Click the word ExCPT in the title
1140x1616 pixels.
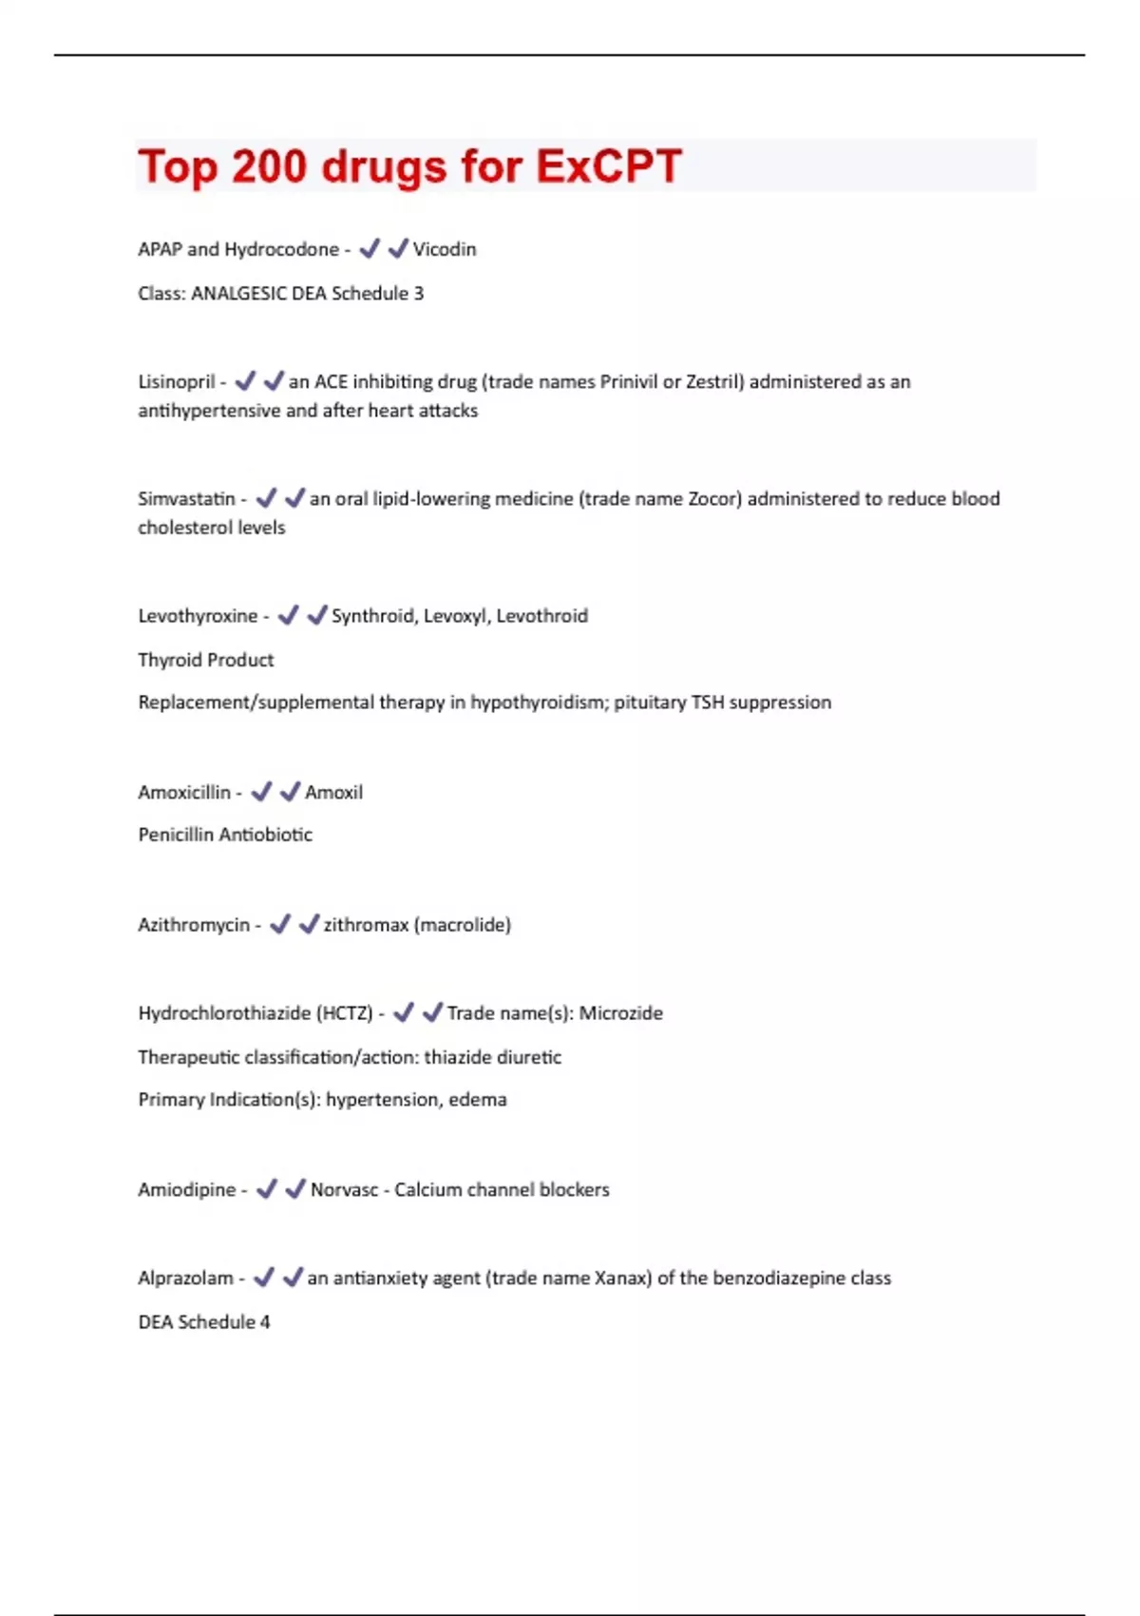click(x=609, y=166)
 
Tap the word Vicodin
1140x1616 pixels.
click(x=445, y=249)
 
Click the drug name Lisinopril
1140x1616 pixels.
click(x=177, y=382)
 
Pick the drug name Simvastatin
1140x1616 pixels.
click(x=186, y=499)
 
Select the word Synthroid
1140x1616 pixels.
click(x=373, y=616)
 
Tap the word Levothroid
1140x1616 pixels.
click(x=541, y=616)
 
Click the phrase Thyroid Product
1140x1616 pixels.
click(x=206, y=660)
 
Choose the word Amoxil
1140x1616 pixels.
click(x=333, y=793)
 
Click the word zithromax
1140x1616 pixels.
click(x=366, y=925)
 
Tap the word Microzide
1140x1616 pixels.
click(x=621, y=1013)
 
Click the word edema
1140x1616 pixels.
click(x=478, y=1100)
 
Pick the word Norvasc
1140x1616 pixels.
click(x=344, y=1190)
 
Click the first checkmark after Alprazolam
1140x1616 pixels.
click(x=264, y=1277)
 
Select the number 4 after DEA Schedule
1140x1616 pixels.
click(x=265, y=1322)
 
